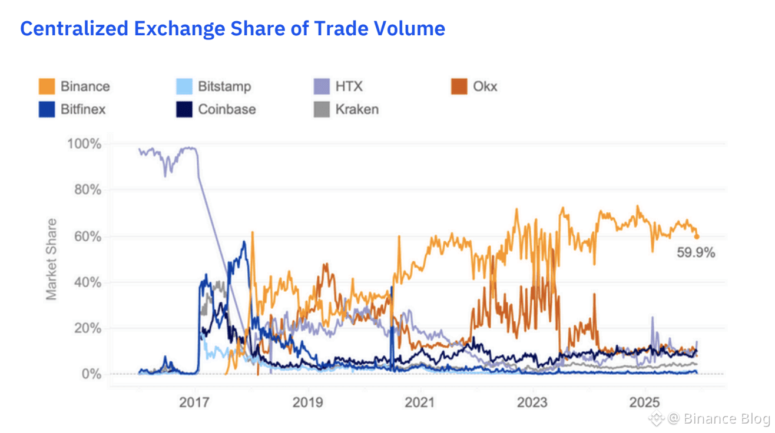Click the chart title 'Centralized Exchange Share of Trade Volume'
(x=233, y=28)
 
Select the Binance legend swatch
(x=48, y=86)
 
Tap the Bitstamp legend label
(x=224, y=86)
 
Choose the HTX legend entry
(x=349, y=86)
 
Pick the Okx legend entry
(x=485, y=86)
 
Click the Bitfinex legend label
(x=83, y=109)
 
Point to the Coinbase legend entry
(x=227, y=109)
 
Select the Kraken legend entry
(x=357, y=109)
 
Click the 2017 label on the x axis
(x=194, y=402)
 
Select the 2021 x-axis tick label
(x=420, y=402)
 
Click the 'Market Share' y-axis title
(x=52, y=259)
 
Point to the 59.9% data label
(x=696, y=253)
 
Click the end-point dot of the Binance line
(x=697, y=237)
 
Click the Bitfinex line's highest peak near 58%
(x=244, y=241)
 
